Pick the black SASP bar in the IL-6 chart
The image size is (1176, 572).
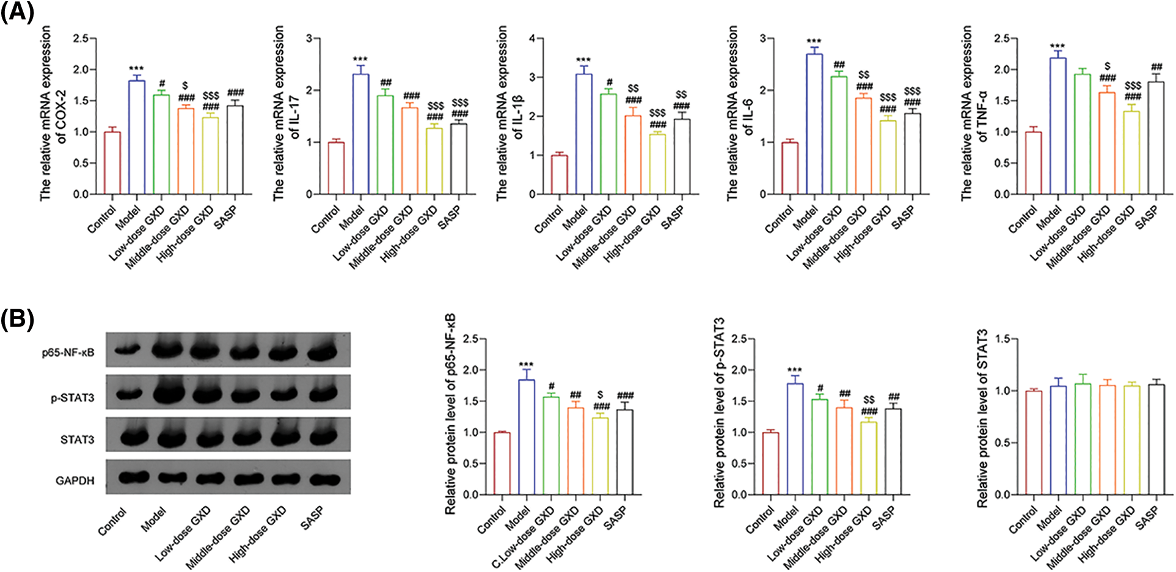click(912, 153)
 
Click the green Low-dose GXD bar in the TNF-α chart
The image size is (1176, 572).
click(1082, 134)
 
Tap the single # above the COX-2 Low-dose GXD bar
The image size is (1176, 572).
click(162, 84)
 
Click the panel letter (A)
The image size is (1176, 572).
click(17, 13)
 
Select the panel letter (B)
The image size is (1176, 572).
click(17, 320)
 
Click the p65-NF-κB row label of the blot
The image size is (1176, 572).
click(68, 353)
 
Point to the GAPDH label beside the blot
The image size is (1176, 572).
click(75, 481)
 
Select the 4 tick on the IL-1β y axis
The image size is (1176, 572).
click(532, 38)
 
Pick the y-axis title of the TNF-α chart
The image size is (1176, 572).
click(974, 113)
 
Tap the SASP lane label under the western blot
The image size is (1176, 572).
click(312, 519)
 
